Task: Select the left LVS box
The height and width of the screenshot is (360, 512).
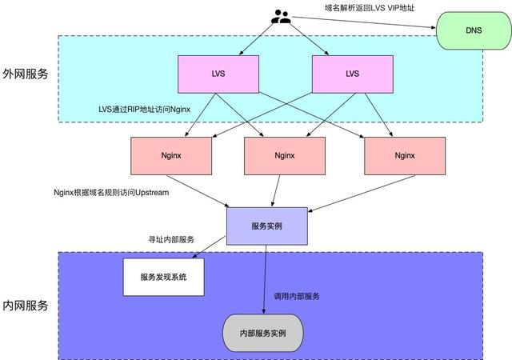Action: point(218,73)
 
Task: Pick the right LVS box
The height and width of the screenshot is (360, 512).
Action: point(352,73)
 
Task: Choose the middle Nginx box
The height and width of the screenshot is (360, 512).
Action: point(284,155)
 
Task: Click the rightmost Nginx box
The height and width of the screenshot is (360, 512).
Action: point(405,155)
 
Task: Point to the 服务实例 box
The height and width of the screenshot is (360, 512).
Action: point(266,226)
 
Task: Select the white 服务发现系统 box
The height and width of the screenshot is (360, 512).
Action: point(162,277)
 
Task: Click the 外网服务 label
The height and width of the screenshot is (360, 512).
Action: point(26,74)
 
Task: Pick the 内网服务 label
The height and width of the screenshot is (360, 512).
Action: point(26,306)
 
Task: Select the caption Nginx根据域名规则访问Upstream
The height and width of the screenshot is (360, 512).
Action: point(111,193)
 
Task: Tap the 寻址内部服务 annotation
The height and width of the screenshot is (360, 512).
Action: point(171,239)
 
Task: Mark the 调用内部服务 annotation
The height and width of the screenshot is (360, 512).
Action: point(297,296)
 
